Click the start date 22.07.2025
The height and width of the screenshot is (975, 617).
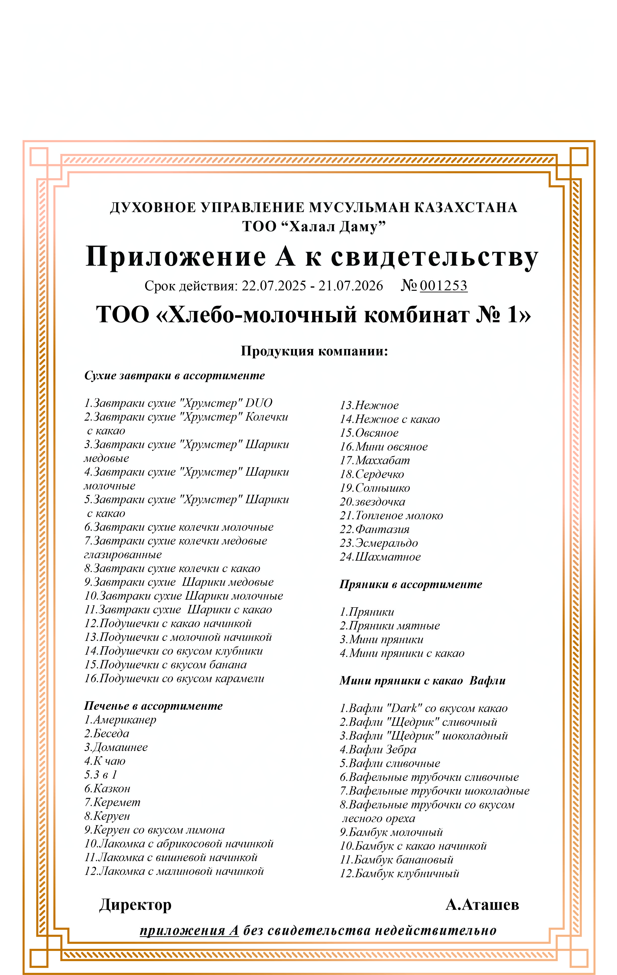pos(274,286)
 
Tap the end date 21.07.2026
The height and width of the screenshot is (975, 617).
pos(350,286)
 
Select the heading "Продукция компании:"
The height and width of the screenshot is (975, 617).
pos(314,351)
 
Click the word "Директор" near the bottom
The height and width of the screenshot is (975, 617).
pos(135,905)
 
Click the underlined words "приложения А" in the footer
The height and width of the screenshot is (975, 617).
pos(189,931)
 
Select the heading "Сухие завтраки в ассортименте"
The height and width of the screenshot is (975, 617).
pos(175,375)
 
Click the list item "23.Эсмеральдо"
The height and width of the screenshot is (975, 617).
pos(379,543)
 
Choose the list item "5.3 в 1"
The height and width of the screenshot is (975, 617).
pos(101,775)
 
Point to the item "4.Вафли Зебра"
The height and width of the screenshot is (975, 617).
pos(378,750)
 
